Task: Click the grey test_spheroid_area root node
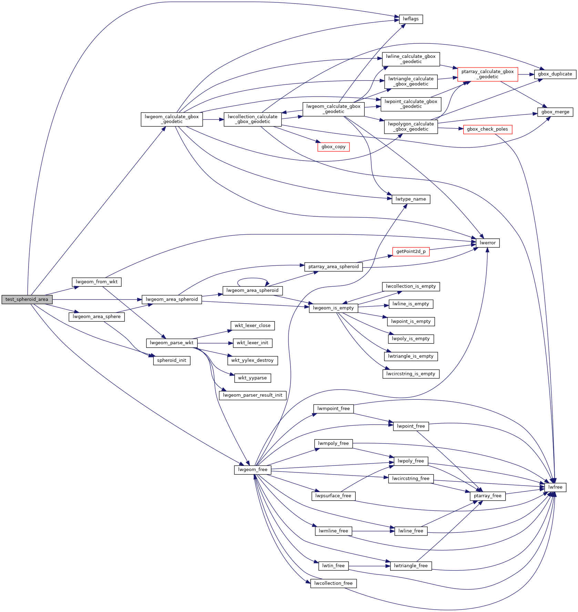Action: point(27,299)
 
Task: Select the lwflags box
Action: point(410,19)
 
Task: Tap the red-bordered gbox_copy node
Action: point(333,147)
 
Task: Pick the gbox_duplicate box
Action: point(555,74)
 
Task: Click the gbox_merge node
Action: point(555,112)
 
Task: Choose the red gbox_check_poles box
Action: point(487,129)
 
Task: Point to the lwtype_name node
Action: point(410,199)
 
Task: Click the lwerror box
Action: point(487,243)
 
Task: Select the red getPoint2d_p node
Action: point(411,252)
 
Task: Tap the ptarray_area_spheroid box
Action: point(333,267)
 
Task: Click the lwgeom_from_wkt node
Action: point(97,282)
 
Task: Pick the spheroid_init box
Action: point(171,360)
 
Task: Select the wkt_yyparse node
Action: point(252,378)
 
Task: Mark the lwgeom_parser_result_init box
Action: point(252,395)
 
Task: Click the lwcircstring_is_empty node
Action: point(410,374)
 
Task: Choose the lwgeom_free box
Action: point(252,470)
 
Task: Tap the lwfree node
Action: point(555,487)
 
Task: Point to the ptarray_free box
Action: point(487,496)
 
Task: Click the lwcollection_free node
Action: point(333,583)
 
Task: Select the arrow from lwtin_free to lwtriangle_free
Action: point(369,566)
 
